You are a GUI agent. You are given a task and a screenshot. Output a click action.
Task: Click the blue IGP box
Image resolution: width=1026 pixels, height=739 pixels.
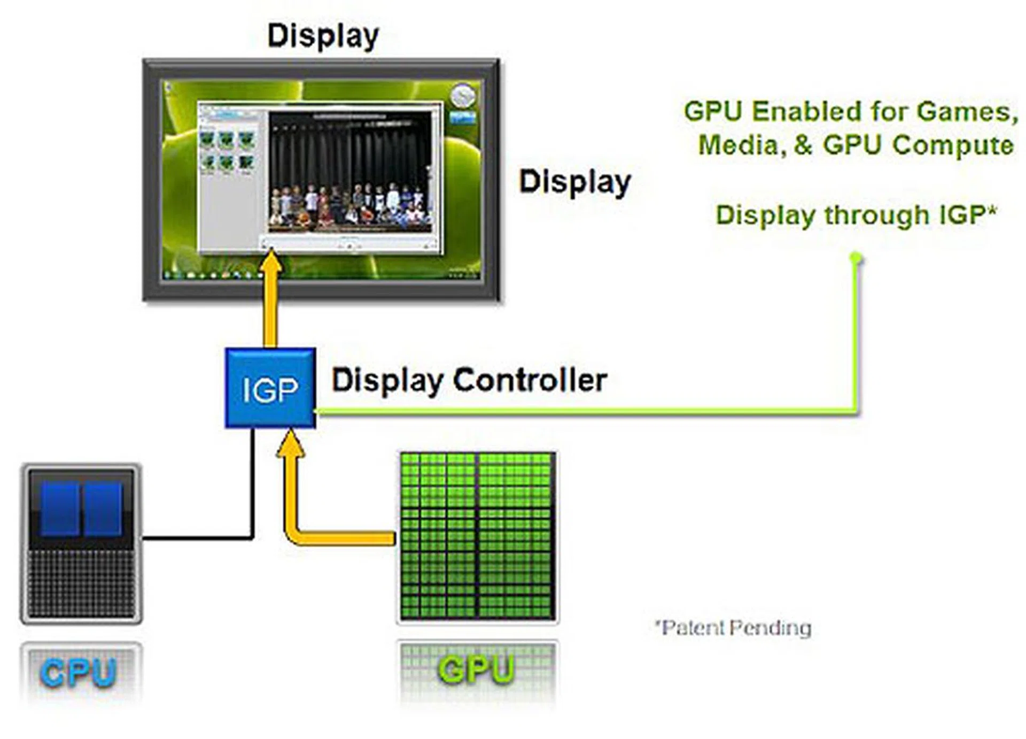tap(270, 388)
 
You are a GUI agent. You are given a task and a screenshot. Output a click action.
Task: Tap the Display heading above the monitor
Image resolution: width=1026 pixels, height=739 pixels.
tap(323, 36)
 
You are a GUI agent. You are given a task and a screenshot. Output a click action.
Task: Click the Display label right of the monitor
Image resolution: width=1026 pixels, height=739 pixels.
tap(575, 182)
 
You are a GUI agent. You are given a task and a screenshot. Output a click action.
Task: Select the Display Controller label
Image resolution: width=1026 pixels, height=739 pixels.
tap(469, 381)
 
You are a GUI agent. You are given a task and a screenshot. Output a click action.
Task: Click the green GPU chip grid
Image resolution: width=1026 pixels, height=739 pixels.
tap(477, 536)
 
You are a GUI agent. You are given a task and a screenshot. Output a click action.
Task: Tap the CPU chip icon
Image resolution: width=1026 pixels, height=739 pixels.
tap(81, 543)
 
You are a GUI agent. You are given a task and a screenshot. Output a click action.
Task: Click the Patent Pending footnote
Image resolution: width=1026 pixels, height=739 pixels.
tap(734, 628)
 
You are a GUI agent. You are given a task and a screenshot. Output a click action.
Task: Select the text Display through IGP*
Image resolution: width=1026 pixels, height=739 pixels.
tap(856, 215)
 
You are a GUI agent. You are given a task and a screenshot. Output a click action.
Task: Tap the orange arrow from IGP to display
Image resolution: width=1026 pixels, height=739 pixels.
tap(270, 305)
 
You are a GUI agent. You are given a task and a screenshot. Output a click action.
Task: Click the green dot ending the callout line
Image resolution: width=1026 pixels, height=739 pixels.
tap(856, 258)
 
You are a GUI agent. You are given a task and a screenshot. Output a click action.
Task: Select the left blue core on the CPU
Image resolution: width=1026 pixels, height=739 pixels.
tap(60, 509)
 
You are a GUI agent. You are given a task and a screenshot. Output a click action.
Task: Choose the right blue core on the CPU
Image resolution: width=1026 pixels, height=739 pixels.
tap(103, 509)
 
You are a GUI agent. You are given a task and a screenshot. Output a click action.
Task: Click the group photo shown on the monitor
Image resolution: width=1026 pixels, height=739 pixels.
tap(350, 206)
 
